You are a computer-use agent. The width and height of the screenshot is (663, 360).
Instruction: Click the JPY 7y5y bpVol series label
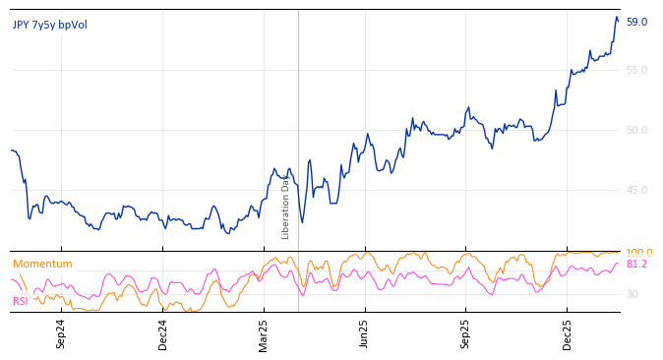click(50, 26)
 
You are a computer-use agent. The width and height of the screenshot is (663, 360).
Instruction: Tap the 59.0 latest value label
click(636, 22)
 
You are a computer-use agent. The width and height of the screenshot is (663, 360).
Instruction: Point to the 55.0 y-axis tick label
click(636, 70)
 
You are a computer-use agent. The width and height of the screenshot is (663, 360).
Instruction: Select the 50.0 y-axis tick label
click(636, 130)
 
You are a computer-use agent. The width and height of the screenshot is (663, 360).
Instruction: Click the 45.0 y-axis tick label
click(636, 190)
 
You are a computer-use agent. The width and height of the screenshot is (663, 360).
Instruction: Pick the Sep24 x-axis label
click(61, 333)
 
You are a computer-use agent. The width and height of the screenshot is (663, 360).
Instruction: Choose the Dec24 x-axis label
click(163, 333)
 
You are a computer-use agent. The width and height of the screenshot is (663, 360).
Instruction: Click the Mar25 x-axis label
click(264, 333)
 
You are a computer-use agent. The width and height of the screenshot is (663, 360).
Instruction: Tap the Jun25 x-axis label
click(365, 333)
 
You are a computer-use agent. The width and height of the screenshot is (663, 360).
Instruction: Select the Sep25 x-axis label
click(466, 333)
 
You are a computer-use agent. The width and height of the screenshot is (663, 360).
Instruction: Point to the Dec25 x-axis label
click(568, 333)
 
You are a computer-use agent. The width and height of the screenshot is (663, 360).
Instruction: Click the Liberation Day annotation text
click(286, 208)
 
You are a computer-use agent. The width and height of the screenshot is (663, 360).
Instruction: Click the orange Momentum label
click(42, 264)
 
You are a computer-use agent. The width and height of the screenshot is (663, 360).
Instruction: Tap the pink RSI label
click(21, 301)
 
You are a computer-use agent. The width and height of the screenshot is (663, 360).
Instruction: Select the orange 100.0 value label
click(639, 253)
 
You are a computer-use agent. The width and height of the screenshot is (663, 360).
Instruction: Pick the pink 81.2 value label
click(636, 264)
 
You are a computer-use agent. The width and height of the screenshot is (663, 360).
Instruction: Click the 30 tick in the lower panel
click(633, 294)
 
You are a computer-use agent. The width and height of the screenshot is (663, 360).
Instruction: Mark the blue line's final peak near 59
click(617, 17)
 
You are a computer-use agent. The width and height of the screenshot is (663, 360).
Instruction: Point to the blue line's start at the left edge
click(12, 150)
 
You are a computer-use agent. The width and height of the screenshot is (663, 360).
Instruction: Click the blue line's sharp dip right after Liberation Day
click(302, 221)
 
